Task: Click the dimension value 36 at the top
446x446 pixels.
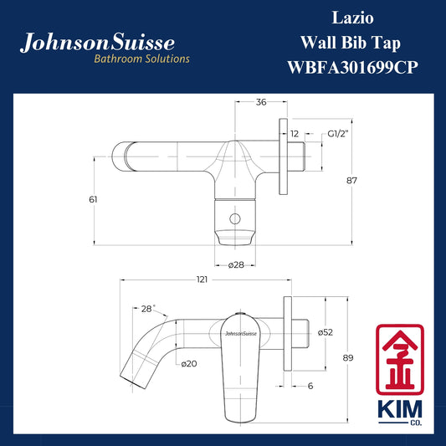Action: point(261,102)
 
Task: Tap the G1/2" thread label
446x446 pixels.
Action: point(338,134)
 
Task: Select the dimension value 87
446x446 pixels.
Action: point(351,181)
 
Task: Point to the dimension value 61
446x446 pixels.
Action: point(93,199)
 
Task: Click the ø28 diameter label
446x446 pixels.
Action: point(236,265)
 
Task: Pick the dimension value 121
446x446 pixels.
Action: point(202,279)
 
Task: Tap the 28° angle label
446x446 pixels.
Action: point(148,309)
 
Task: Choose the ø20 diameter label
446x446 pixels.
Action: point(189,363)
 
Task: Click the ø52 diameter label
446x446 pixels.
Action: point(326,332)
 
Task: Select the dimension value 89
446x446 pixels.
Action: point(348,358)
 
